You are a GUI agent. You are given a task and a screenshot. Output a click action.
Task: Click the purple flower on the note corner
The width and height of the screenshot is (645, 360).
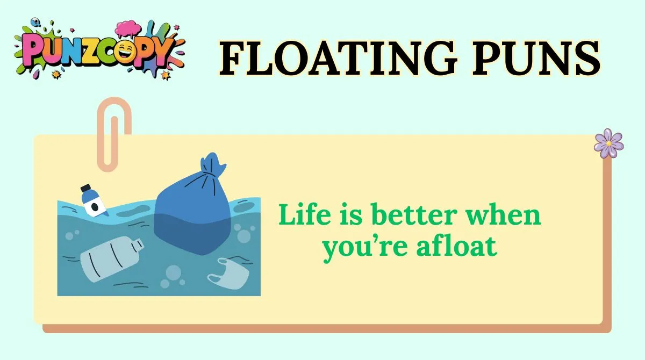point(608,143)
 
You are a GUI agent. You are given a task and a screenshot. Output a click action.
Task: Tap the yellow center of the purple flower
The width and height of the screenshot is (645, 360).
point(608,143)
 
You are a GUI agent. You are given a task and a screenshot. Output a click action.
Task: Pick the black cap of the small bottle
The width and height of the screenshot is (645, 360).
point(85,189)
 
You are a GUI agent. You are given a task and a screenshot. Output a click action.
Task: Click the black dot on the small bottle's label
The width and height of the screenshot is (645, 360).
point(95,207)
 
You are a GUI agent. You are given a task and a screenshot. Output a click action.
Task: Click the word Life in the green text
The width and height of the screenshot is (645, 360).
point(301,215)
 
